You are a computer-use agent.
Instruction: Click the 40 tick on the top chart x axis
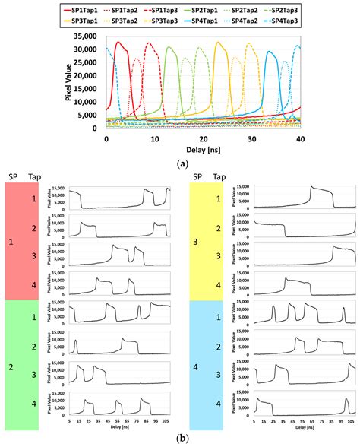click(x=300, y=138)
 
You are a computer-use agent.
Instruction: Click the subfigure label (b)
click(x=180, y=439)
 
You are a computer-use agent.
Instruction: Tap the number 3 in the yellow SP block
click(x=195, y=242)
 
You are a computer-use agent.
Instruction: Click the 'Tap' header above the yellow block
click(x=217, y=177)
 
